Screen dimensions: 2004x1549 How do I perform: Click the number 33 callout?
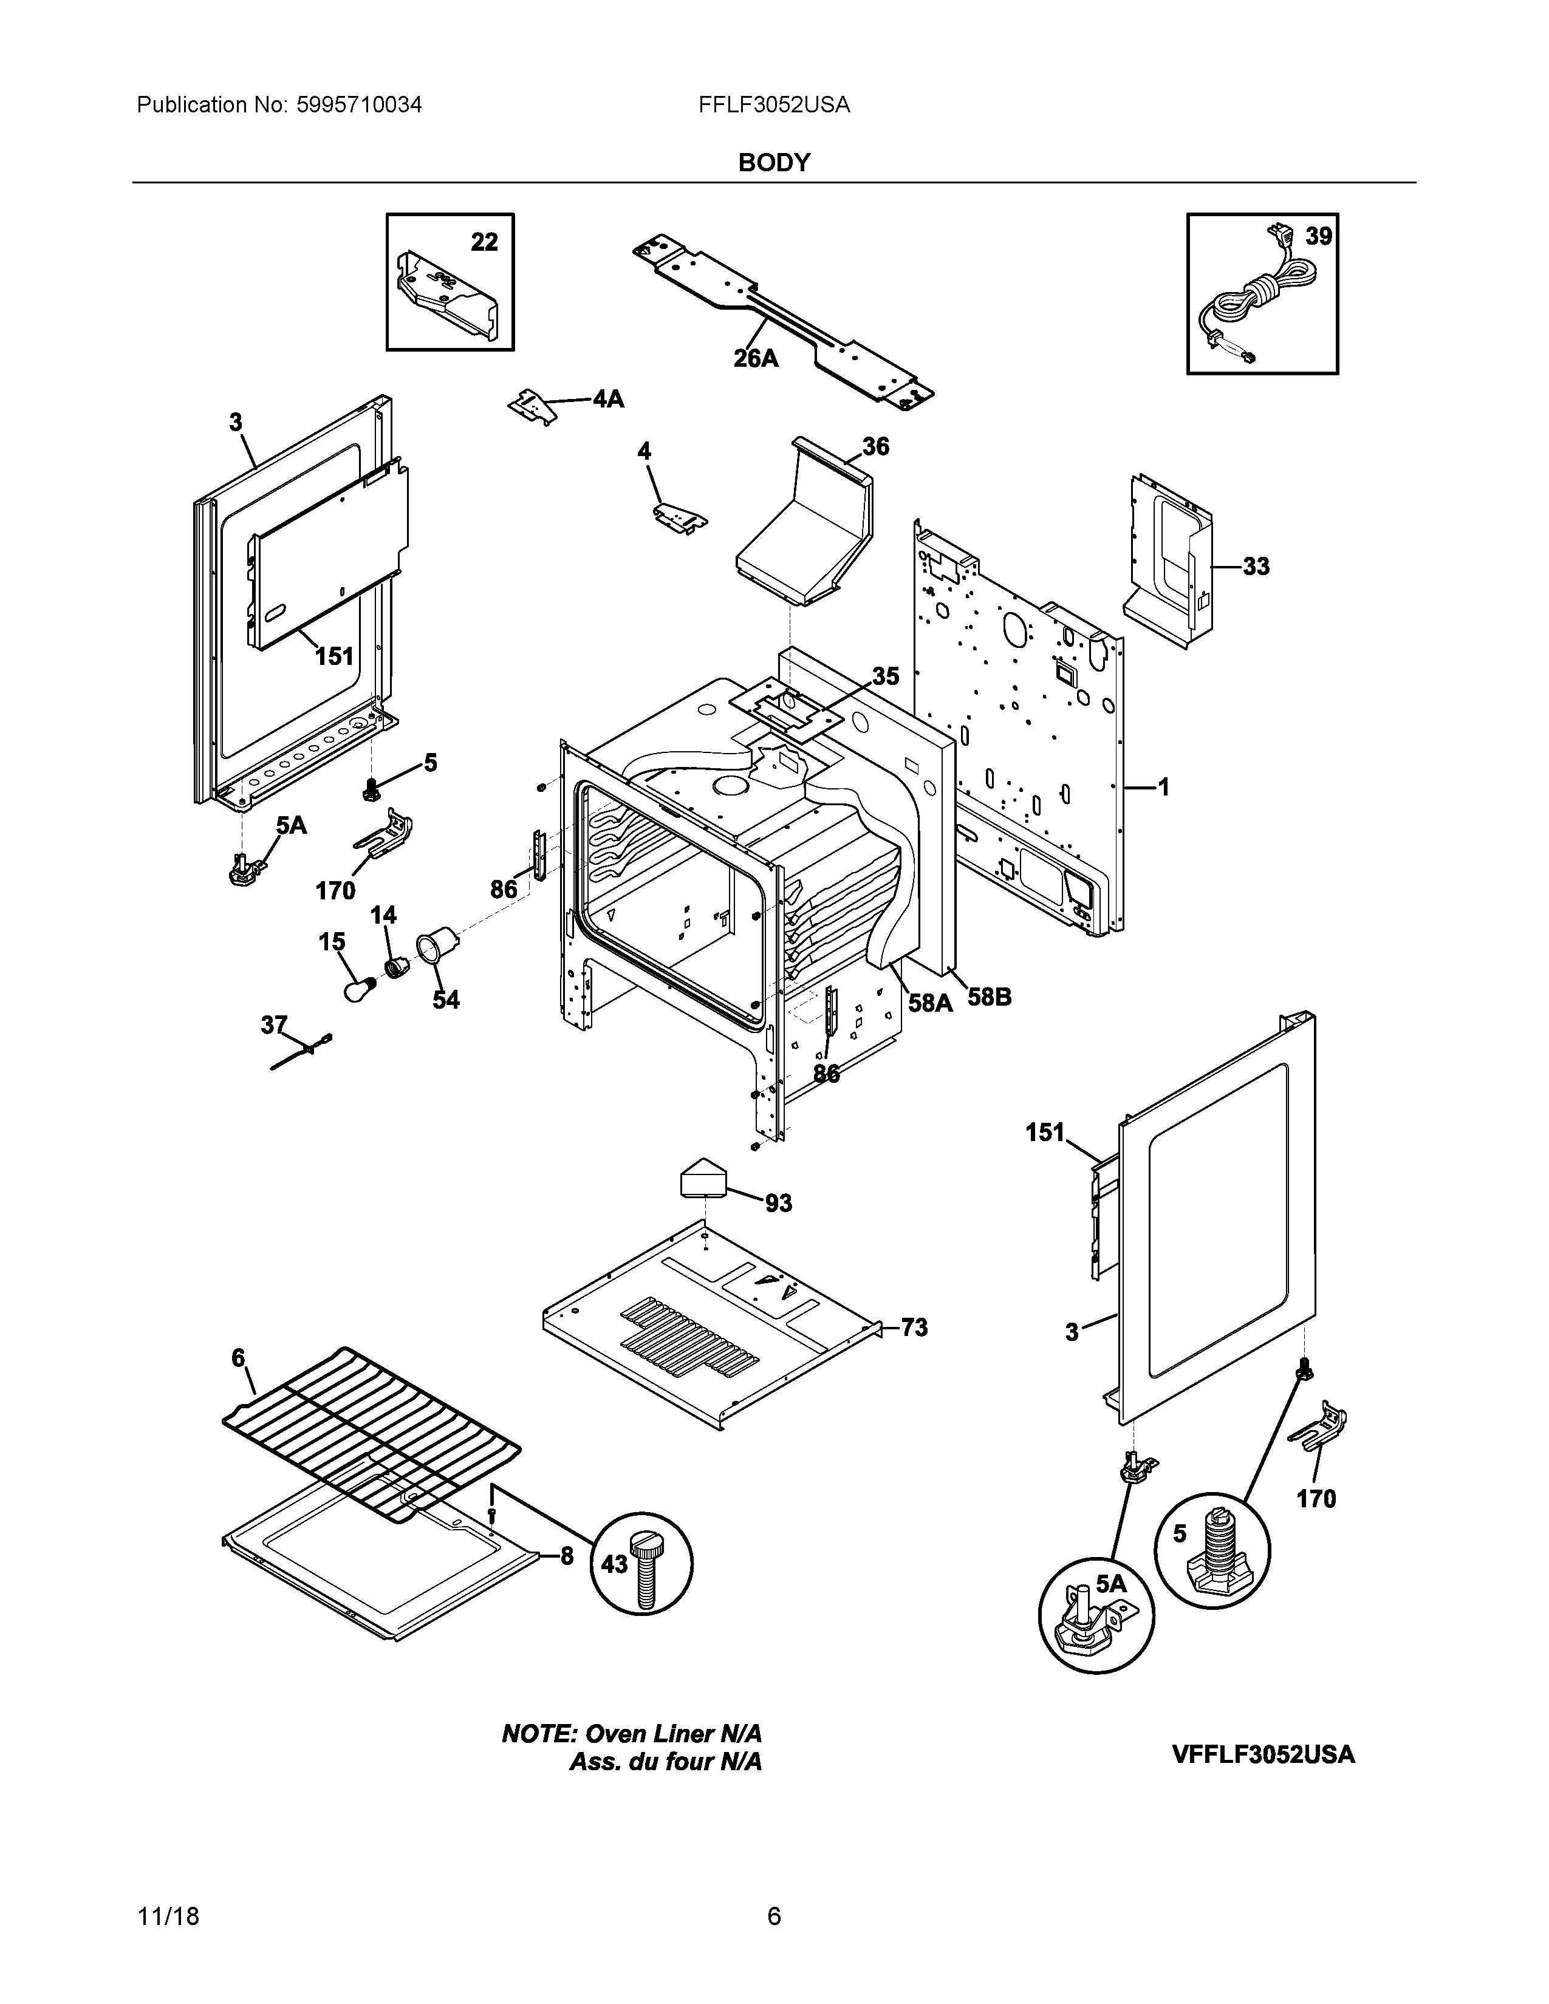pyautogui.click(x=1256, y=566)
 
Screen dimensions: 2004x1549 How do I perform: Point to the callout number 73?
pyautogui.click(x=914, y=1327)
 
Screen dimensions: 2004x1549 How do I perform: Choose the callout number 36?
pyautogui.click(x=875, y=447)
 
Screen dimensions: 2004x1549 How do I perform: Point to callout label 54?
pyautogui.click(x=446, y=999)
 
